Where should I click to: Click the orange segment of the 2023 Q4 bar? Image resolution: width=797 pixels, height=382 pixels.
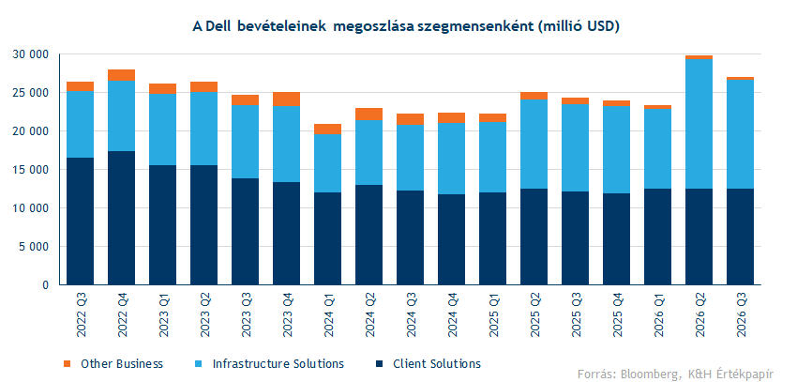286,99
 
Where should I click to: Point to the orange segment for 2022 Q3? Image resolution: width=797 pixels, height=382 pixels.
80,86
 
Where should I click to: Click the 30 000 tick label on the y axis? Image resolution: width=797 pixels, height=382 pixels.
33,54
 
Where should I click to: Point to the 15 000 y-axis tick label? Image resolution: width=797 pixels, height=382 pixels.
33,170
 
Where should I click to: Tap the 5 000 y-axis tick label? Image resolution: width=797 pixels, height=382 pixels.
36,247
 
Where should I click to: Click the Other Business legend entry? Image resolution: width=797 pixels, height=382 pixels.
121,363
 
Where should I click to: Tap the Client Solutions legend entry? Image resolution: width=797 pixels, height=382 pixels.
436,363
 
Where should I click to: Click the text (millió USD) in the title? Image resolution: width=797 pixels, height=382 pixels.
577,26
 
